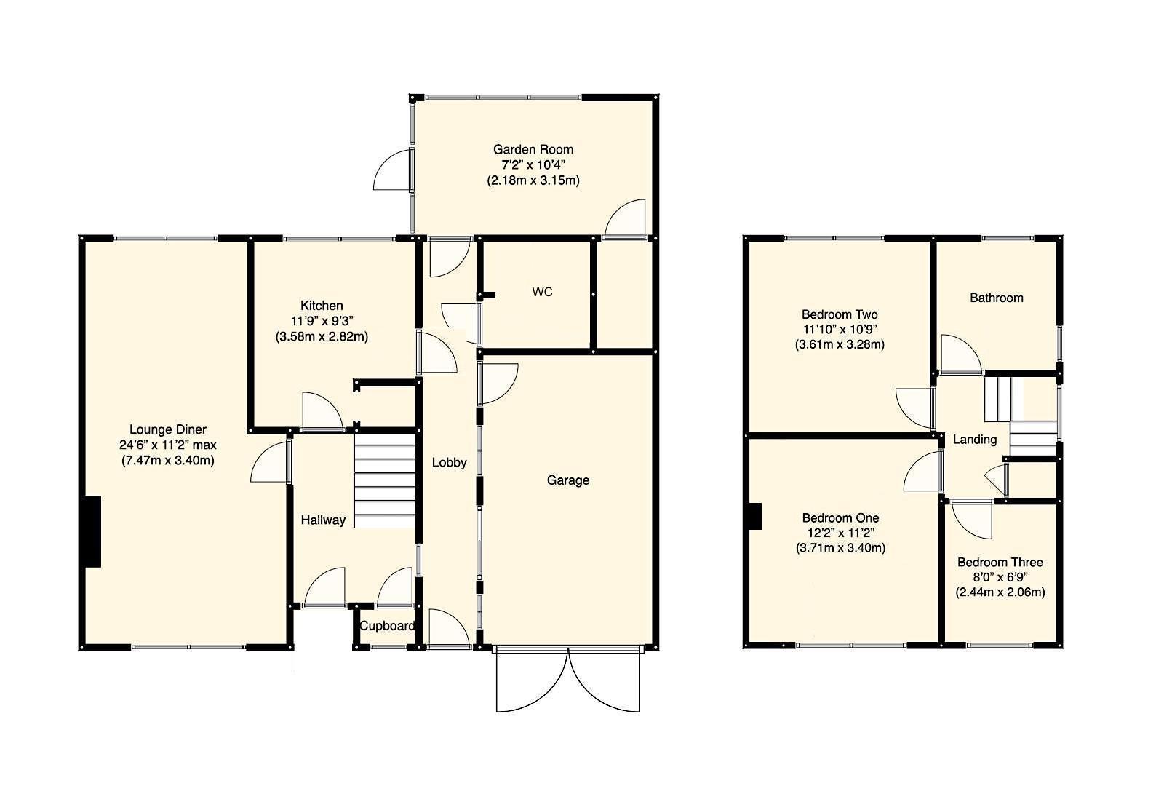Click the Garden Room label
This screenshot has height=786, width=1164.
point(533,149)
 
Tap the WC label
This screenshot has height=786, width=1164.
point(542,292)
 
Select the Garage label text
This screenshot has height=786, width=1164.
point(567,480)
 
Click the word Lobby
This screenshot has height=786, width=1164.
point(449,462)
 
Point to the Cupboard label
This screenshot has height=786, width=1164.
point(388,626)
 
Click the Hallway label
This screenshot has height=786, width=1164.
point(323,520)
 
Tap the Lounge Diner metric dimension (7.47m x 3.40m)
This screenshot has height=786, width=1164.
point(168,460)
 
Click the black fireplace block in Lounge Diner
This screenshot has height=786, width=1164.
point(92,531)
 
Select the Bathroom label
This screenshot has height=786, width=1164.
point(996,298)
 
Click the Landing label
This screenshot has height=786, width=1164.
point(974,440)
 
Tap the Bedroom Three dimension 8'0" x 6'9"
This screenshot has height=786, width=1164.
point(1000,577)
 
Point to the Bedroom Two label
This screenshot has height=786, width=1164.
point(839,314)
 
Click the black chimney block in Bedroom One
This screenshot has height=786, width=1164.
point(756,516)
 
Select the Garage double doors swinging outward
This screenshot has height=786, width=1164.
point(568,680)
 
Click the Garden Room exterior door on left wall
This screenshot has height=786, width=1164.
point(393,170)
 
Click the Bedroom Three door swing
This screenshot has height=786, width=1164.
point(971,520)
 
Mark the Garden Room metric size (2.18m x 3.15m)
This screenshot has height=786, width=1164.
point(533,180)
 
